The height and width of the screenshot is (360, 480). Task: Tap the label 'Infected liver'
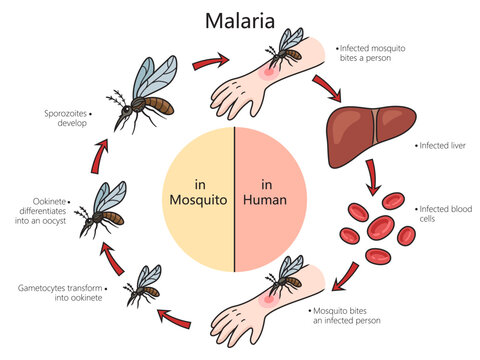click(444, 145)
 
